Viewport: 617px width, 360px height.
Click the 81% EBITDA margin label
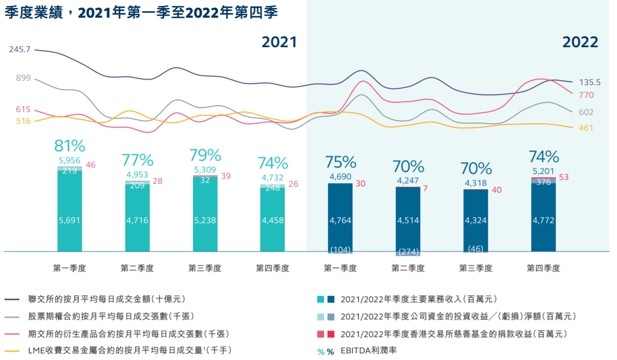[69, 146]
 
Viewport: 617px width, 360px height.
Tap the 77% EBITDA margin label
[137, 160]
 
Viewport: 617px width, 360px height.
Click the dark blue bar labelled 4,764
[340, 216]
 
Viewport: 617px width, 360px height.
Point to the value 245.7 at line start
[20, 50]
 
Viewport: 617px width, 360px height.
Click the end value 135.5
[590, 83]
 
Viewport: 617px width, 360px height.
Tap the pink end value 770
[586, 95]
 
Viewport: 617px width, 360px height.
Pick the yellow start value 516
[23, 121]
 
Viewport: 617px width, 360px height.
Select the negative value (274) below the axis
[408, 252]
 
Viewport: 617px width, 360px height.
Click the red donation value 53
[563, 177]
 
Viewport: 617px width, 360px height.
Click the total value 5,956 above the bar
[69, 160]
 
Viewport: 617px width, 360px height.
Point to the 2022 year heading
[580, 42]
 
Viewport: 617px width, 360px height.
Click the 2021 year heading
[279, 42]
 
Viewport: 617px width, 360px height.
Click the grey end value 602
[586, 112]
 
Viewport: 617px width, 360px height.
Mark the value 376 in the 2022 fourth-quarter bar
[543, 181]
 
